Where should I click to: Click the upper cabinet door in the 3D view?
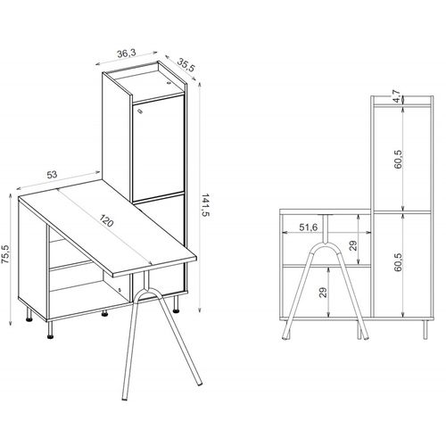tap(157, 147)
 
